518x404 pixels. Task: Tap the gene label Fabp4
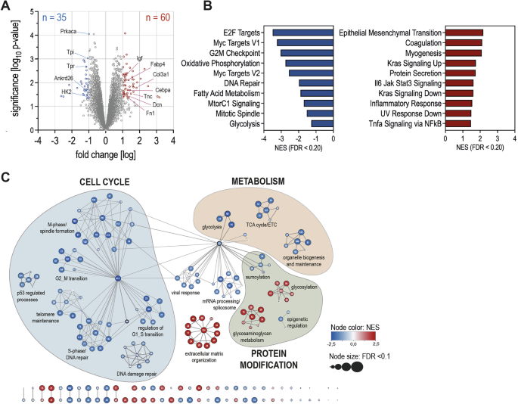coord(159,64)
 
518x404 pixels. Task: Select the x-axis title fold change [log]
coord(98,156)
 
